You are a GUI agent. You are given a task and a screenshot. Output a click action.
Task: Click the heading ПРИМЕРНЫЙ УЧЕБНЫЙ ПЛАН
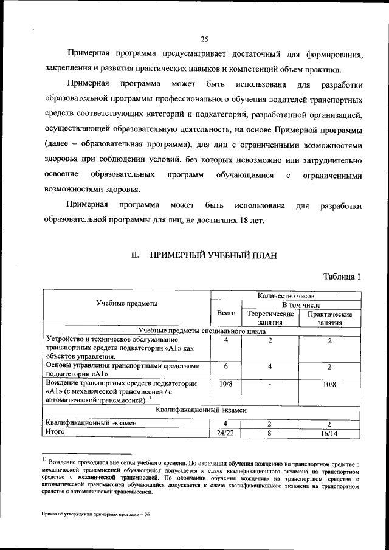tap(213, 256)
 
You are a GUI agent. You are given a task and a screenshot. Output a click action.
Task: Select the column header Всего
tap(225, 314)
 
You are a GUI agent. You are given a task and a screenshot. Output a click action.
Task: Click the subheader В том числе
tap(300, 304)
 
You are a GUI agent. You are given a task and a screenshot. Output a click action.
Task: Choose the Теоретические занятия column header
tap(270, 318)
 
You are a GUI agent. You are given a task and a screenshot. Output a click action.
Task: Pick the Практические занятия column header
tap(330, 318)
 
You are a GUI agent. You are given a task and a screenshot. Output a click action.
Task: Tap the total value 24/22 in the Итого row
tap(225, 433)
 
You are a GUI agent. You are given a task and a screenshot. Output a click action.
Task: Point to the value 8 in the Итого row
tap(270, 433)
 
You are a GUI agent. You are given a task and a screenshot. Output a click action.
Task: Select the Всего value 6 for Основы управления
tap(225, 366)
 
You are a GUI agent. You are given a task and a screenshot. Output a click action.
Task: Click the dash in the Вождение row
tap(270, 385)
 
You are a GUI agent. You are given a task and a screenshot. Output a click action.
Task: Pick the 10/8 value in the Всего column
tap(225, 384)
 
